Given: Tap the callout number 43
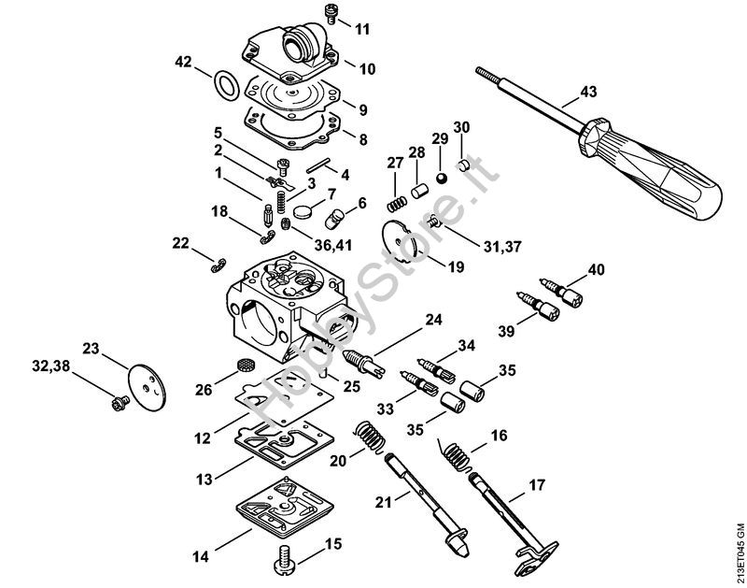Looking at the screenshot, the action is [588, 91].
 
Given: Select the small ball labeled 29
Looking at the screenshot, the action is [442, 178].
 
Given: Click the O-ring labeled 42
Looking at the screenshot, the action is [226, 85].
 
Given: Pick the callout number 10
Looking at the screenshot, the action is [367, 68].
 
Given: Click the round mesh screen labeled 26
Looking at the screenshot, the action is [245, 366].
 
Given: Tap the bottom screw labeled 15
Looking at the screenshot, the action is [285, 556].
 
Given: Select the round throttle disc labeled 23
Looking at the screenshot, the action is [148, 385].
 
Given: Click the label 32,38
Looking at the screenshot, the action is [50, 366].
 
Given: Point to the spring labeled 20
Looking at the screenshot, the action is [371, 436].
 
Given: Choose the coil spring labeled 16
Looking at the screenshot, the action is [456, 455].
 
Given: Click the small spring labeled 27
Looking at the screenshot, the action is [396, 204].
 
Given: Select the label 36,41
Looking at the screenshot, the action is [333, 245].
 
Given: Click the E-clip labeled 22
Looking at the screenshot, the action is [218, 265].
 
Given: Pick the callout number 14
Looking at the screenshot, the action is [201, 556].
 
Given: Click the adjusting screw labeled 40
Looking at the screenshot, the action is [561, 291].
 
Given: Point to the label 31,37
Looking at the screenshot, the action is [502, 247].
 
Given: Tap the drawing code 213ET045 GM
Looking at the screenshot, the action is [739, 554].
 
